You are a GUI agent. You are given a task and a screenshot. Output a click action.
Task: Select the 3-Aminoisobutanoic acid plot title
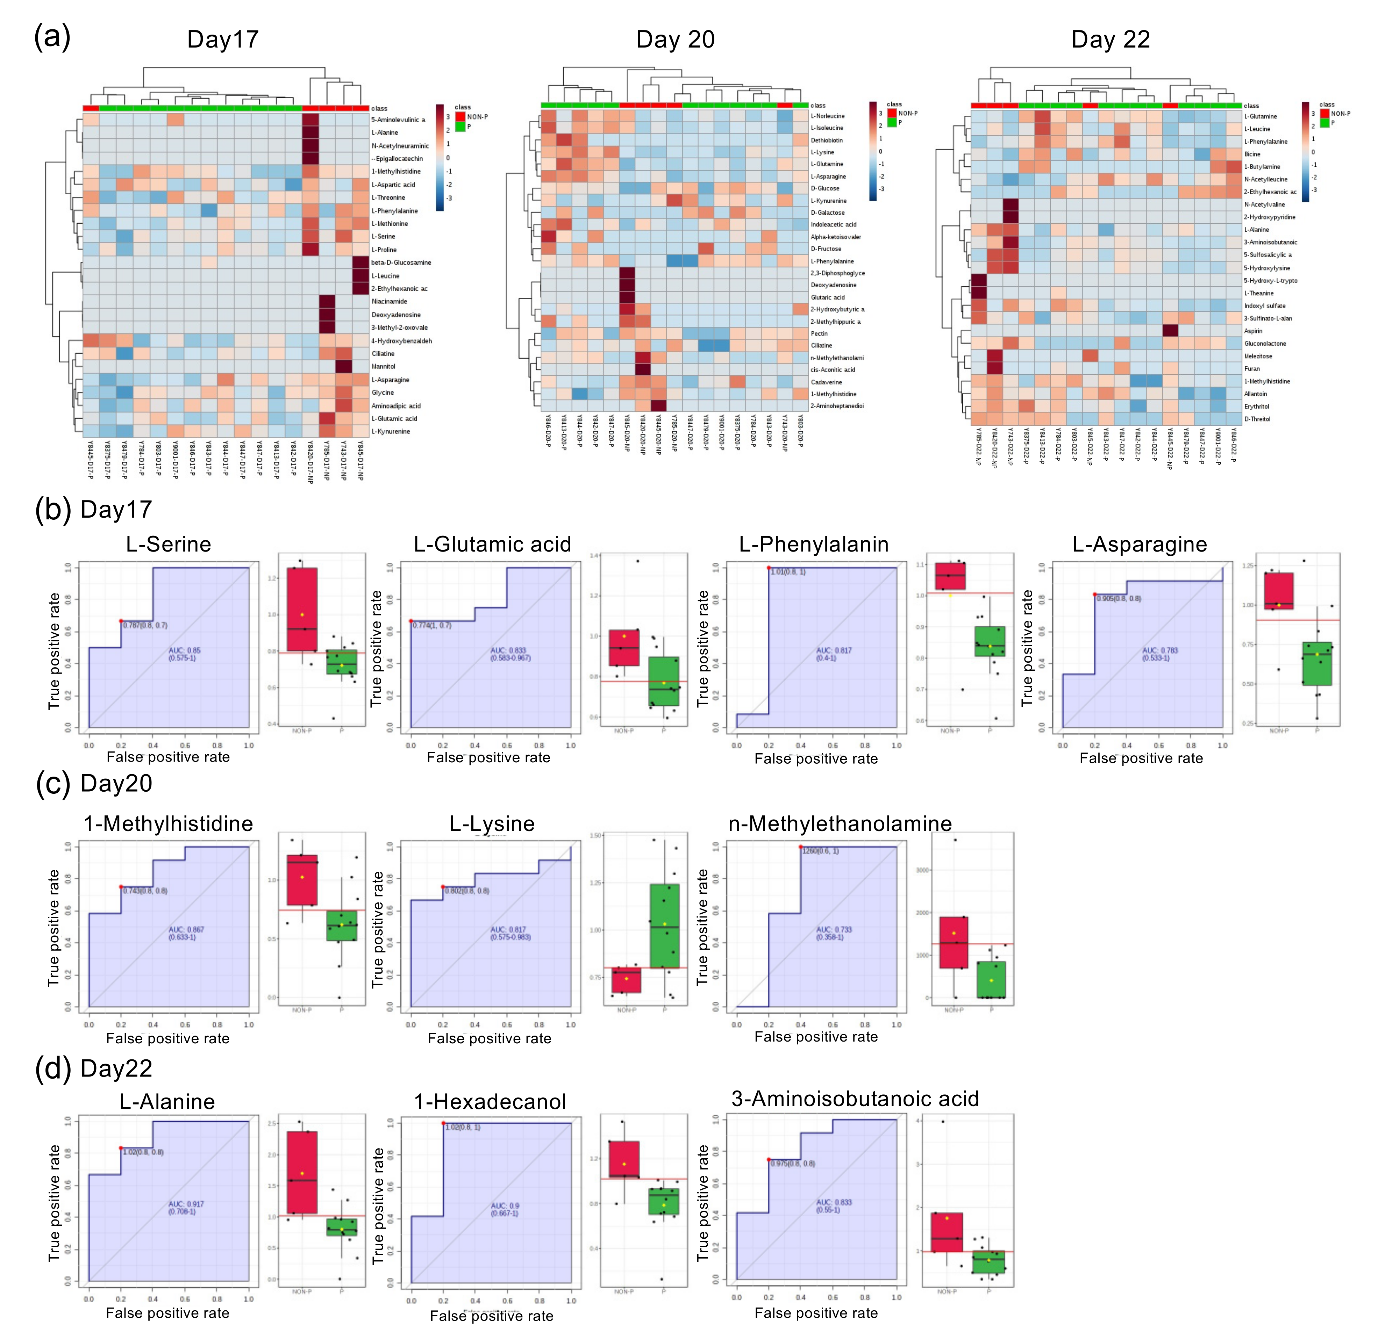tap(855, 1099)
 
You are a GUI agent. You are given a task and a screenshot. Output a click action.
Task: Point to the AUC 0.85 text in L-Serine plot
tap(184, 650)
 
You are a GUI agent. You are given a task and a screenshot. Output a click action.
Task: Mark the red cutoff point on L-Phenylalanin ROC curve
tap(769, 568)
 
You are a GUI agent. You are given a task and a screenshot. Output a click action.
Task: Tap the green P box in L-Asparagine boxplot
tap(1317, 663)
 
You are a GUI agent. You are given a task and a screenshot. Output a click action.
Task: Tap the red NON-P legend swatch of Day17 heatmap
tap(460, 117)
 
